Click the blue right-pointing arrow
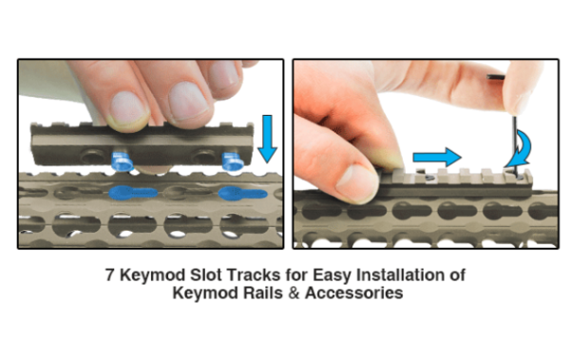pyautogui.click(x=437, y=158)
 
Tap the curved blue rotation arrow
pyautogui.click(x=521, y=150)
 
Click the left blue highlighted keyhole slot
pyautogui.click(x=133, y=193)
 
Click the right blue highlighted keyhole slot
pyautogui.click(x=242, y=193)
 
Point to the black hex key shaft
pyautogui.click(x=515, y=142)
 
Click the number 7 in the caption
pyautogui.click(x=110, y=275)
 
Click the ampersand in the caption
pyautogui.click(x=294, y=294)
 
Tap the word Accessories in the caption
pyautogui.click(x=353, y=294)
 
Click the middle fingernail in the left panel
pyautogui.click(x=187, y=101)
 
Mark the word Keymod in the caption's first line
pyautogui.click(x=152, y=275)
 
